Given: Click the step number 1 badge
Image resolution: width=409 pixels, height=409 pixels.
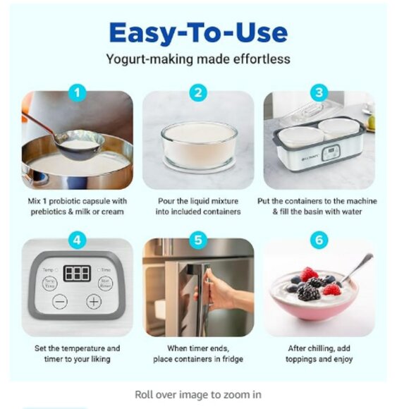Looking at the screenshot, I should point(78,92).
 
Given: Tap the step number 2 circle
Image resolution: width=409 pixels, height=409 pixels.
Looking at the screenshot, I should point(199,92).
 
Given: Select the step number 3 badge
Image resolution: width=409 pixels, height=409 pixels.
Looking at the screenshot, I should point(320,92).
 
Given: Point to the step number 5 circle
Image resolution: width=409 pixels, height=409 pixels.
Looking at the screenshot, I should point(199,240).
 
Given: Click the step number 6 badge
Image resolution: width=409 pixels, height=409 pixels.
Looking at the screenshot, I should point(320,240).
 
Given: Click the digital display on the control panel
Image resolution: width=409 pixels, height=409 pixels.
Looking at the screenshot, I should point(77,274).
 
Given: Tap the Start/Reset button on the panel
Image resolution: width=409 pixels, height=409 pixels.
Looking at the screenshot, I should point(105,282).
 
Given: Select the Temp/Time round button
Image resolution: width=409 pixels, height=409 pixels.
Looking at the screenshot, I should point(50,282).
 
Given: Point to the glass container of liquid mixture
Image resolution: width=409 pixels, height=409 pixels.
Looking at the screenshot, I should point(198,145).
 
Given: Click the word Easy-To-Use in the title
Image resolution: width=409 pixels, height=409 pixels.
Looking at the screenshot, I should point(198,32).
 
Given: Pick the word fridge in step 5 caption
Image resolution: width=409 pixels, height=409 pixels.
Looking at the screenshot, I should point(231,360).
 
